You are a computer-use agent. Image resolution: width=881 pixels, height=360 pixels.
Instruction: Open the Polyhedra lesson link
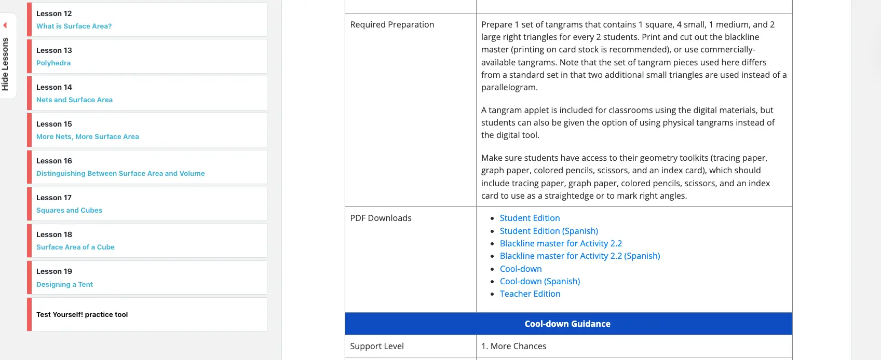[x=53, y=63]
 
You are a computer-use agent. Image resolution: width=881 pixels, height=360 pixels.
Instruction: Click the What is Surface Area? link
[x=74, y=26]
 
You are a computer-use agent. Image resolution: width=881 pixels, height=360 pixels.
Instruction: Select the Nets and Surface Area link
[x=74, y=100]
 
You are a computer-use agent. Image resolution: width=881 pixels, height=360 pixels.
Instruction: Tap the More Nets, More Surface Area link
[x=87, y=137]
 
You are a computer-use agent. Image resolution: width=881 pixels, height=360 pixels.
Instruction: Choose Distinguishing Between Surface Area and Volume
[x=120, y=174]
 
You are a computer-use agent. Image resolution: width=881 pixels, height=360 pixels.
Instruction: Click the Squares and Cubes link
[x=69, y=211]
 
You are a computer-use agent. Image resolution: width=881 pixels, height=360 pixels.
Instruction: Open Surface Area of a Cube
[x=75, y=247]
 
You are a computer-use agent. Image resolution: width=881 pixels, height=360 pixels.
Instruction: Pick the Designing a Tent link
[x=64, y=285]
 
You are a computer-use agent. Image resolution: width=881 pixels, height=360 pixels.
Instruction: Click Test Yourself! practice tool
[x=82, y=315]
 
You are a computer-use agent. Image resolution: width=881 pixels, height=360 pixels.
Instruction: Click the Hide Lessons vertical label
[x=5, y=64]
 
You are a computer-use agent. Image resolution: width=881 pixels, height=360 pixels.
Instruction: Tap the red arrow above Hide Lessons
[x=5, y=25]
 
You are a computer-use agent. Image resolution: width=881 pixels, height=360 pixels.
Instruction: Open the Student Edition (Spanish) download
[x=549, y=231]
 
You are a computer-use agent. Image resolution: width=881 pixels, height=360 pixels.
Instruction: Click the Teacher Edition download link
[x=530, y=294]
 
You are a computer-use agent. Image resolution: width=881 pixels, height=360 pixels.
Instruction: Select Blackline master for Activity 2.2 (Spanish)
[x=580, y=256]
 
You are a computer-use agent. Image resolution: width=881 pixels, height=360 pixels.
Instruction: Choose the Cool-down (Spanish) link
[x=540, y=282]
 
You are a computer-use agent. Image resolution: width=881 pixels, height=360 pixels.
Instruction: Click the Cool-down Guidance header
[x=567, y=324]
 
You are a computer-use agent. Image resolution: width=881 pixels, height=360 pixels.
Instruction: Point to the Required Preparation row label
[x=392, y=25]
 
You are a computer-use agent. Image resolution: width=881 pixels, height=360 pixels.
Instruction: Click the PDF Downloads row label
[x=381, y=218]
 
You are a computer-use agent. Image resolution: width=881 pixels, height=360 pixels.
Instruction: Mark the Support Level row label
[x=377, y=347]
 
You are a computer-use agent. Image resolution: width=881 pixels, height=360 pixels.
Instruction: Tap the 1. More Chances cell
[x=513, y=347]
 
